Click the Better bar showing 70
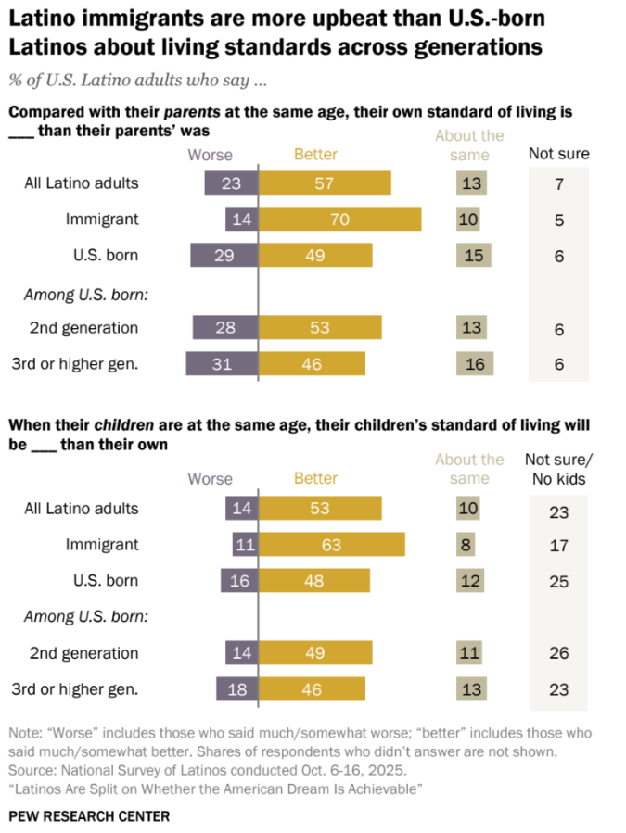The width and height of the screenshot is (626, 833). point(339,219)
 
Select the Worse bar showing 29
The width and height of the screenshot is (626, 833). point(224,255)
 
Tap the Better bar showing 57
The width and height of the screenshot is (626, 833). point(325,183)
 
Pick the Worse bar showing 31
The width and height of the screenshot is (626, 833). point(222,363)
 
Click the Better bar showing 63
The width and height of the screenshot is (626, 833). point(332,545)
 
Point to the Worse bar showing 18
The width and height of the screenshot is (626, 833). point(237,689)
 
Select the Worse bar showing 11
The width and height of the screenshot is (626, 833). point(245,545)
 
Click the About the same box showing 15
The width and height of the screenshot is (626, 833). point(473,255)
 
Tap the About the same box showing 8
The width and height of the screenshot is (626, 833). point(466,545)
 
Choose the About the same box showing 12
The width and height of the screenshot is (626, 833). point(470,581)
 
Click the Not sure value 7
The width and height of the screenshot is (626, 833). point(559,183)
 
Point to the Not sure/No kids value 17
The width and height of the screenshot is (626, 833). point(559,546)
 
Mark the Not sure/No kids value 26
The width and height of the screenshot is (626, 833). point(559,653)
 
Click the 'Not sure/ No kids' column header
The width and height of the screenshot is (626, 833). point(558,469)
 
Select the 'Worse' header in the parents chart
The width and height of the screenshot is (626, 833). point(211,155)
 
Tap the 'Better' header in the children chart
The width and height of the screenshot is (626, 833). point(315,478)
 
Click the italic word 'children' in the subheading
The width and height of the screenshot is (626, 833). point(124,425)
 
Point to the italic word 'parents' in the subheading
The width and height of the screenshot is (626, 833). point(192,112)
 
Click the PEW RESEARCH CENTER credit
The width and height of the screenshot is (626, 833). point(89,816)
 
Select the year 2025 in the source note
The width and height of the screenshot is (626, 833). point(389,770)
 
